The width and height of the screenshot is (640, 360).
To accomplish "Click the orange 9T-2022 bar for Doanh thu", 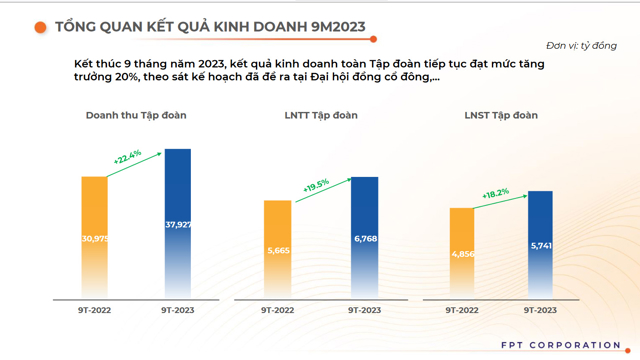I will click(94, 236).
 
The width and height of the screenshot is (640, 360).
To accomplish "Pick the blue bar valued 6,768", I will click(364, 236).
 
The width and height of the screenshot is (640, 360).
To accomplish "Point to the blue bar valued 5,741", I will click(540, 243).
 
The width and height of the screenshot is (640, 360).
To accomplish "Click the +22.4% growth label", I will click(128, 156).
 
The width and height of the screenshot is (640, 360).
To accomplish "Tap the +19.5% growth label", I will click(316, 185).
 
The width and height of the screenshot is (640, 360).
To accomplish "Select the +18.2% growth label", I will click(496, 193).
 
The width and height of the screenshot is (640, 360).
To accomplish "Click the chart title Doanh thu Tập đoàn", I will click(136, 116).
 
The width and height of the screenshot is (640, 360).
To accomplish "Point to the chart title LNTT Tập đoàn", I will click(321, 116).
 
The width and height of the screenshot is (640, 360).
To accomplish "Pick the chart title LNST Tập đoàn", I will click(501, 116).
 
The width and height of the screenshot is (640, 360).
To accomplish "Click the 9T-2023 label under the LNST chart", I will click(540, 311).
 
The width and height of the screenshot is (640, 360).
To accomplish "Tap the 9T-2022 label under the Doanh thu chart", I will click(94, 311).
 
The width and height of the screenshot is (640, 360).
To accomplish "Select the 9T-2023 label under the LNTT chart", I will click(364, 311).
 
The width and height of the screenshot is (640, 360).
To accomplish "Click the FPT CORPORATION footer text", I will click(561, 345).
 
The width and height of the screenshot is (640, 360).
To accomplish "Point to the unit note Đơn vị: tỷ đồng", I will click(581, 45).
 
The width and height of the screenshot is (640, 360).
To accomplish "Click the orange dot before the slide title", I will click(40, 27).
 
